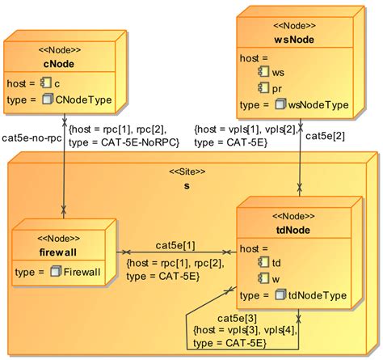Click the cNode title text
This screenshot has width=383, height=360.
coord(59,64)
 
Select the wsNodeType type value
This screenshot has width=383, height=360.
coord(318,105)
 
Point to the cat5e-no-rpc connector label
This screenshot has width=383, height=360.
coord(32,137)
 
